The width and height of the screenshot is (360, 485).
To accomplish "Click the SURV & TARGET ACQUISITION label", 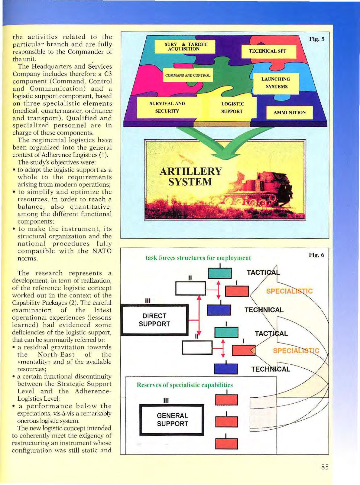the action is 186,47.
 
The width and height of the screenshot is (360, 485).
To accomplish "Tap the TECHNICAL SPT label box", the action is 267,51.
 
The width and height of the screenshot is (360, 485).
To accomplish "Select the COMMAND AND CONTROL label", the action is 188,75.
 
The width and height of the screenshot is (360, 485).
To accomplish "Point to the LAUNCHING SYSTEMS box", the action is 276,83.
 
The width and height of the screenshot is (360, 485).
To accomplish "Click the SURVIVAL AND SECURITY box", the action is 167,107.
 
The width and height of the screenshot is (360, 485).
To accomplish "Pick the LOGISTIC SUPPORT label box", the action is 232,108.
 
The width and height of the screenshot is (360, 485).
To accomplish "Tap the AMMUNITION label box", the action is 289,112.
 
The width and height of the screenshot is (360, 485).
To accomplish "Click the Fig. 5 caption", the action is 316,39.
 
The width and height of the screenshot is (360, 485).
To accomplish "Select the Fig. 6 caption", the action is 316,255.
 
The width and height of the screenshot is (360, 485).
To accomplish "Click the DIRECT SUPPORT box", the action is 154,320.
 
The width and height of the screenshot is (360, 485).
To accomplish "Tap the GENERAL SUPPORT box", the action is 172,420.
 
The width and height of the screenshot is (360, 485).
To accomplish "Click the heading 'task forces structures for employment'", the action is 198,258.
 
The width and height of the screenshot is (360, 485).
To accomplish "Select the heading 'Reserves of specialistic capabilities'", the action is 185,385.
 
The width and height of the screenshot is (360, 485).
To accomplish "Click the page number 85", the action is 325,467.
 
